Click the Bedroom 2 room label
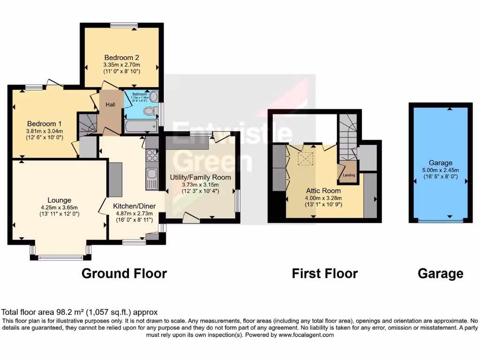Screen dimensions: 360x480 [122, 58]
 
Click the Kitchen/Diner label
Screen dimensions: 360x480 [134, 205]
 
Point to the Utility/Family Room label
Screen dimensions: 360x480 [200, 177]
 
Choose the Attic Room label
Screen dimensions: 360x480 [323, 191]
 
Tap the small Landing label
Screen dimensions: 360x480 [349, 175]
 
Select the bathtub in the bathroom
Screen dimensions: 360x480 [141, 126]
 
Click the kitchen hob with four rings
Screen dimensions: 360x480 [153, 155]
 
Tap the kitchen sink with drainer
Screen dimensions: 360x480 [152, 179]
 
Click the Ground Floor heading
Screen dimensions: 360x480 [124, 273]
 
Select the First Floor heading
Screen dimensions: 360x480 [325, 273]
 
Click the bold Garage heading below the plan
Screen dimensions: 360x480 [440, 273]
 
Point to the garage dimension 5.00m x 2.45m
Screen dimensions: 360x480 [441, 170]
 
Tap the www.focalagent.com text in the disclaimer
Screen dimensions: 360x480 [307, 335]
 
